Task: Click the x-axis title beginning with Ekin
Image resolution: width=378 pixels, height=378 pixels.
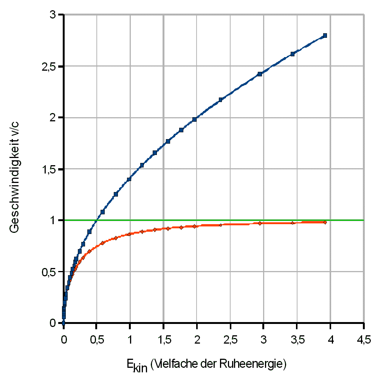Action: (206, 364)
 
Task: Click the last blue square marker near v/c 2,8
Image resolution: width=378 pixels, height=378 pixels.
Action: (325, 36)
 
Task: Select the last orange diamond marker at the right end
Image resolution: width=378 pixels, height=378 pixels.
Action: (325, 222)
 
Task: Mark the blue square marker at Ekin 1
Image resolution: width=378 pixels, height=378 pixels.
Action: (129, 179)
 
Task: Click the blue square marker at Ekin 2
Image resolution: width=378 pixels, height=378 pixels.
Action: (194, 119)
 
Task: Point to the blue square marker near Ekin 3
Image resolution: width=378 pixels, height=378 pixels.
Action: (260, 74)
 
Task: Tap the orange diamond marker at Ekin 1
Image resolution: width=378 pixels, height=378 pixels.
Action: (129, 234)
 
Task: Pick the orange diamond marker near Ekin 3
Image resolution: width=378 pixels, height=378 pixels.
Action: (260, 223)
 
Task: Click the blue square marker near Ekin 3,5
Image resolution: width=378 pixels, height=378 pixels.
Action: (292, 54)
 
